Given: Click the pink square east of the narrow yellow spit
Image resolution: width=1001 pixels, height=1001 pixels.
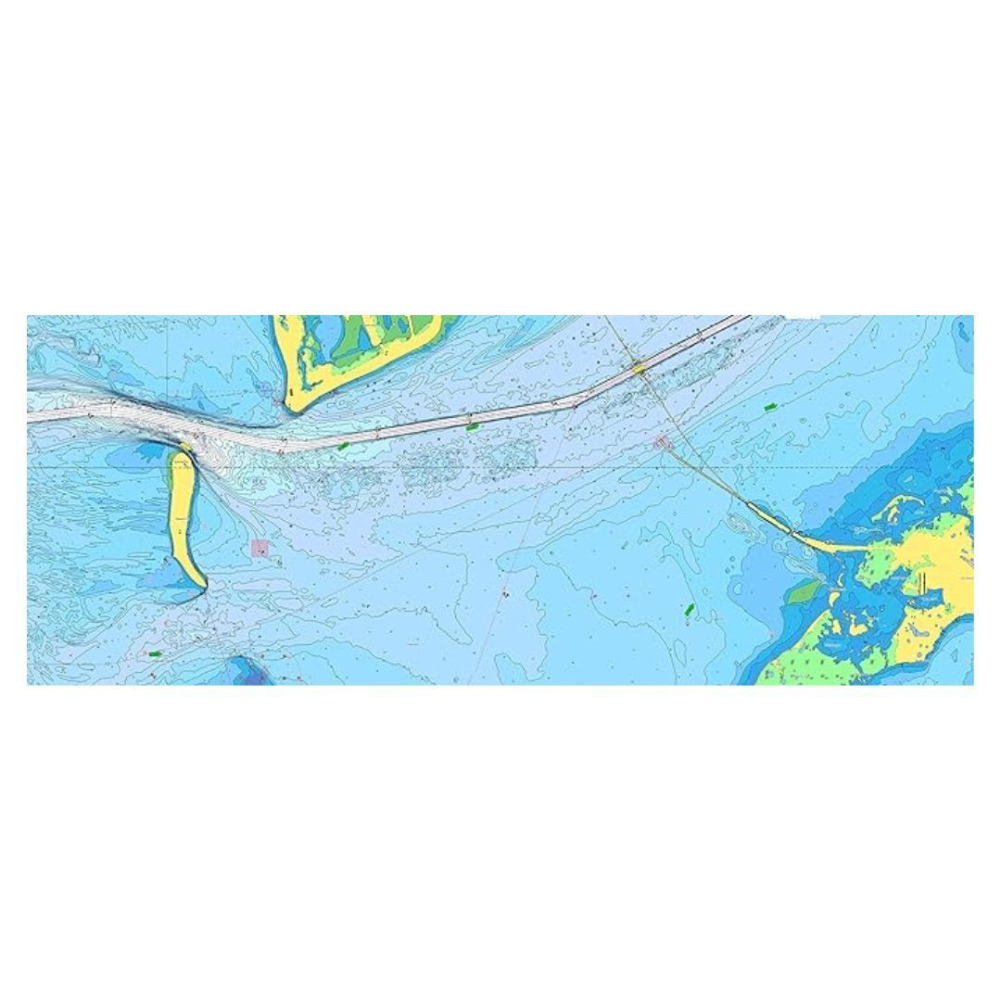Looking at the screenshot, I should (260, 548).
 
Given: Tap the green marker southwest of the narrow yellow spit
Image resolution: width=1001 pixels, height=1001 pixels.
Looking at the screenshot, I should (155, 653).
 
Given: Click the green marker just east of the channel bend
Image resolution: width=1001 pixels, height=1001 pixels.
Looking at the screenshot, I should (344, 446).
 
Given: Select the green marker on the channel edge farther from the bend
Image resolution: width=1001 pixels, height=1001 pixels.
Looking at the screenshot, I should (472, 427).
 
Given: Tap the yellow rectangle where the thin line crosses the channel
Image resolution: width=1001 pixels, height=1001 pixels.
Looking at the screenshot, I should (639, 369).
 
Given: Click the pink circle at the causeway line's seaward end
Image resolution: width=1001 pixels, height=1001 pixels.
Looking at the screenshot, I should (661, 442).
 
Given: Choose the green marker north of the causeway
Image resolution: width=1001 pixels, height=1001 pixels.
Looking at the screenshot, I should (768, 407).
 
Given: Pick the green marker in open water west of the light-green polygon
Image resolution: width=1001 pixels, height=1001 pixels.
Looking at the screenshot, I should (689, 609).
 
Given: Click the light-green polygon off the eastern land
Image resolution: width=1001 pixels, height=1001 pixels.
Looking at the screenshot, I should (804, 590).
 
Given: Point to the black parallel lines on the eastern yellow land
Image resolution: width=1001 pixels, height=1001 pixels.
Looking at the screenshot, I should (924, 582).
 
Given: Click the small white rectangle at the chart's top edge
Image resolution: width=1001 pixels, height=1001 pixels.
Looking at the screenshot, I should (803, 318).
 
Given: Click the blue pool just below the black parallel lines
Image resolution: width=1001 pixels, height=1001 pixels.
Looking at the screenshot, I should (925, 601).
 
